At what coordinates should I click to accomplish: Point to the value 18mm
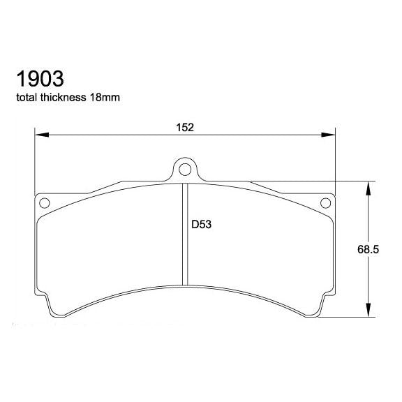click(x=105, y=97)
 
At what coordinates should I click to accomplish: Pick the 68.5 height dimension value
click(x=386, y=249)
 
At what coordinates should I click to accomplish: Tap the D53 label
click(x=202, y=225)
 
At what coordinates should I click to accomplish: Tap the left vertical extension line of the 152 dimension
click(x=35, y=161)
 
